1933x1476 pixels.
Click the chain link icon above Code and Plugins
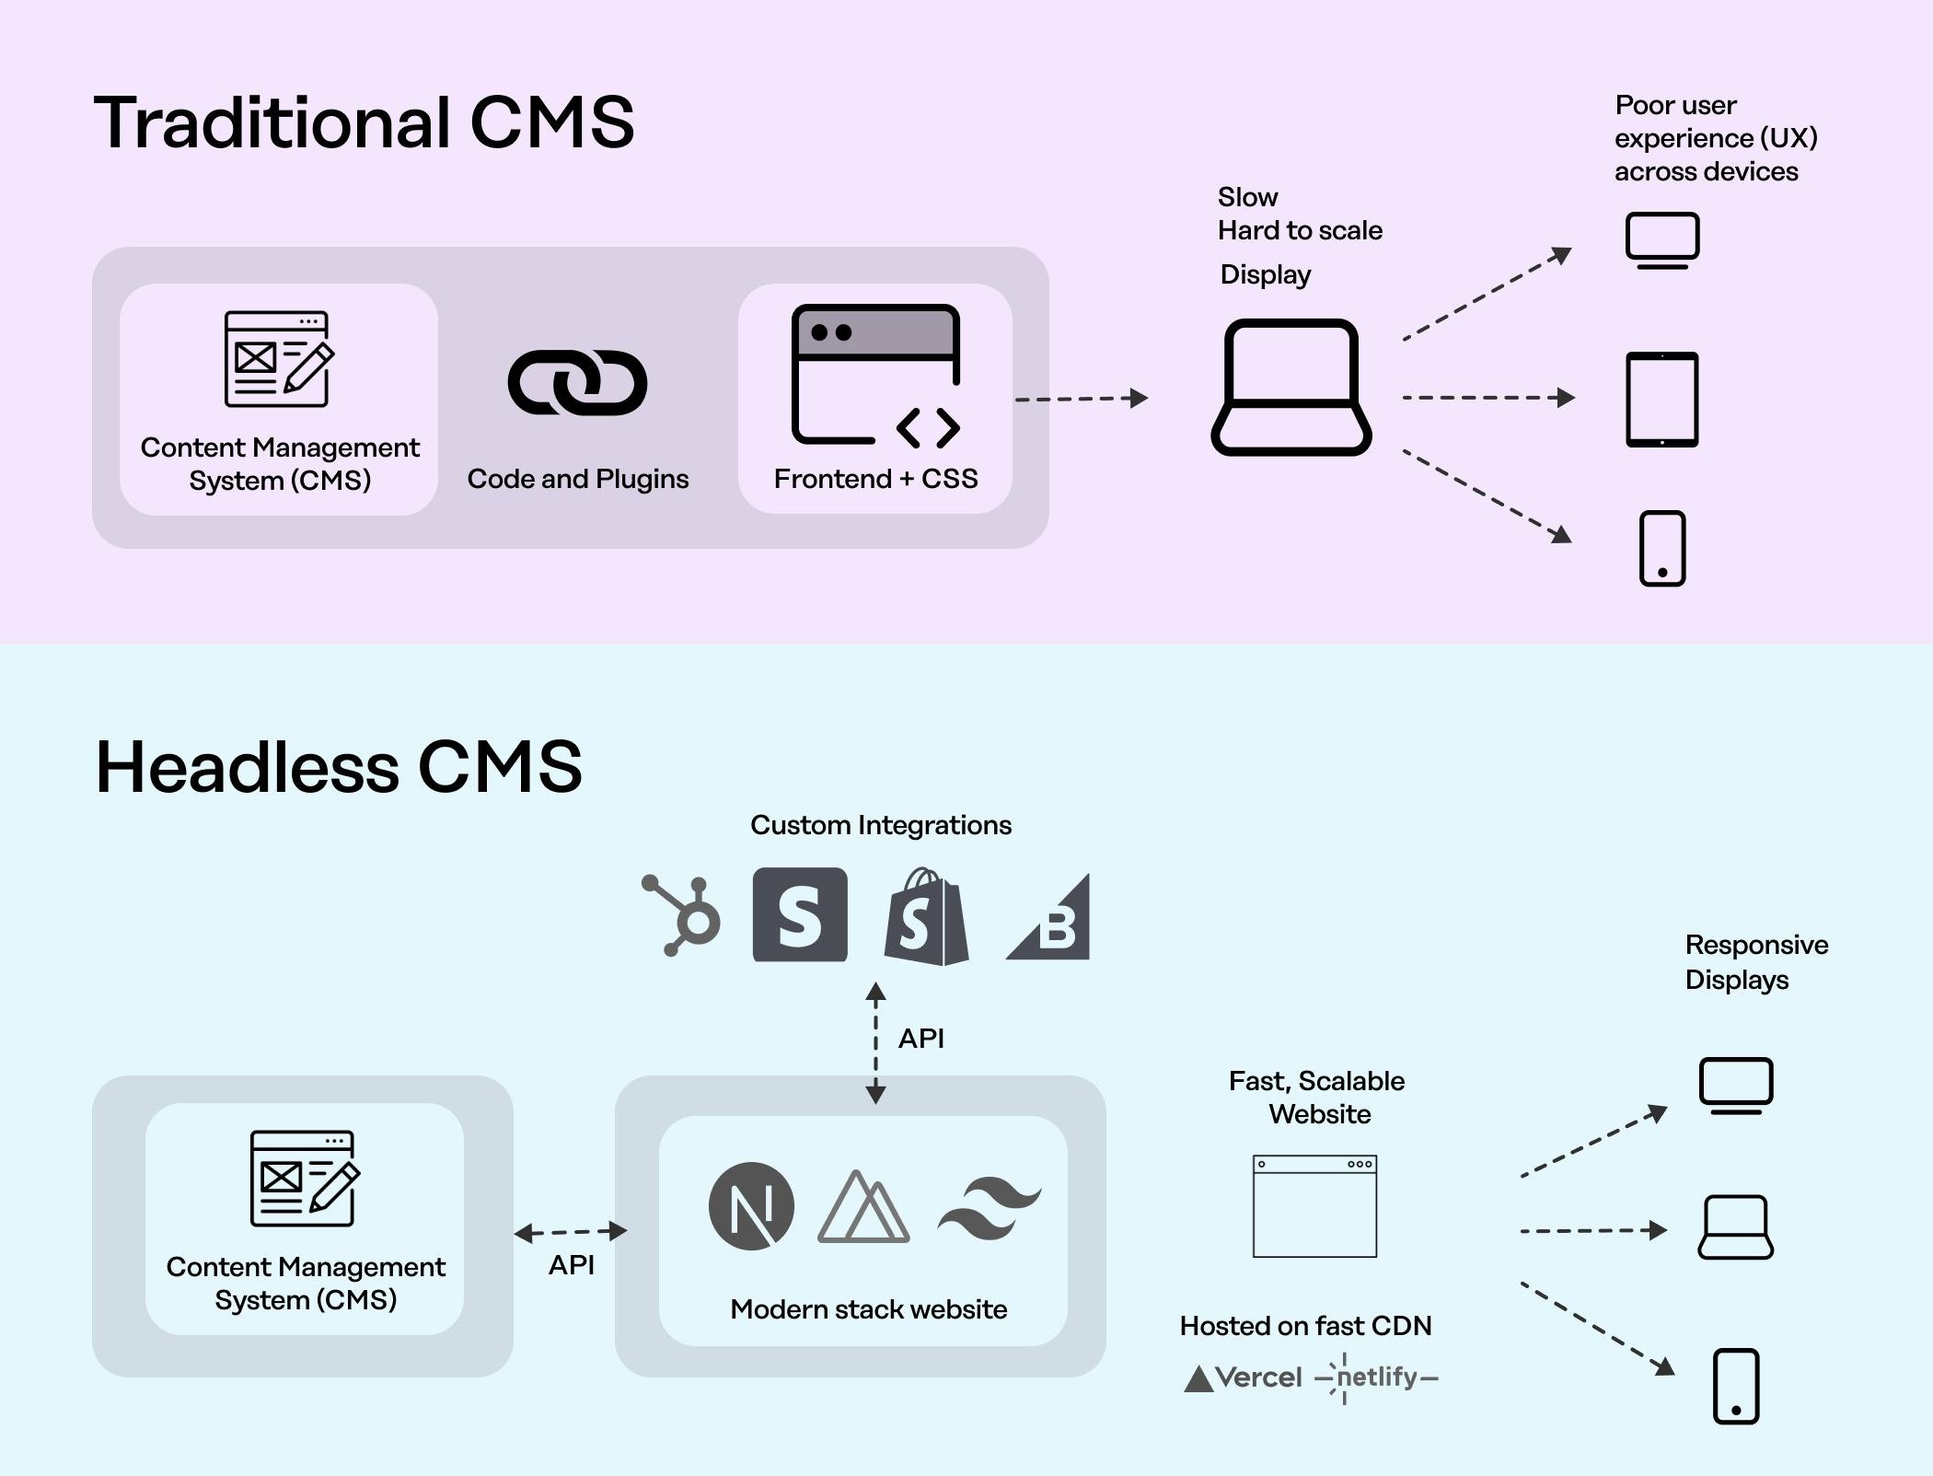[577, 382]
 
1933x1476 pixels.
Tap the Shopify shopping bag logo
[926, 918]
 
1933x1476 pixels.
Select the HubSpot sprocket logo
[684, 916]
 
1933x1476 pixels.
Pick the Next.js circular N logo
[751, 1205]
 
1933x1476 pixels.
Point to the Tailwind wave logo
[989, 1207]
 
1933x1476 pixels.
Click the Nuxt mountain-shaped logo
[862, 1207]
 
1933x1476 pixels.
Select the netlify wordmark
[1377, 1377]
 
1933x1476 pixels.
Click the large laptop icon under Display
[1291, 388]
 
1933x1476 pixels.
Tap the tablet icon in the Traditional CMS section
[1661, 399]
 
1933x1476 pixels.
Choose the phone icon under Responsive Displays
[1735, 1386]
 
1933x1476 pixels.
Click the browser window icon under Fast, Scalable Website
[1314, 1206]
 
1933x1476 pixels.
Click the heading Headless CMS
[339, 766]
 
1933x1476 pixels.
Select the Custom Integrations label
[880, 825]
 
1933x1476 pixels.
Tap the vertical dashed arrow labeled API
[875, 1042]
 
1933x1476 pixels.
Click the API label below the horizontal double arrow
[571, 1265]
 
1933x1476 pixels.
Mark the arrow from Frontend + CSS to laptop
[1081, 399]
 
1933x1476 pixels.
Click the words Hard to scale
[1299, 230]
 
